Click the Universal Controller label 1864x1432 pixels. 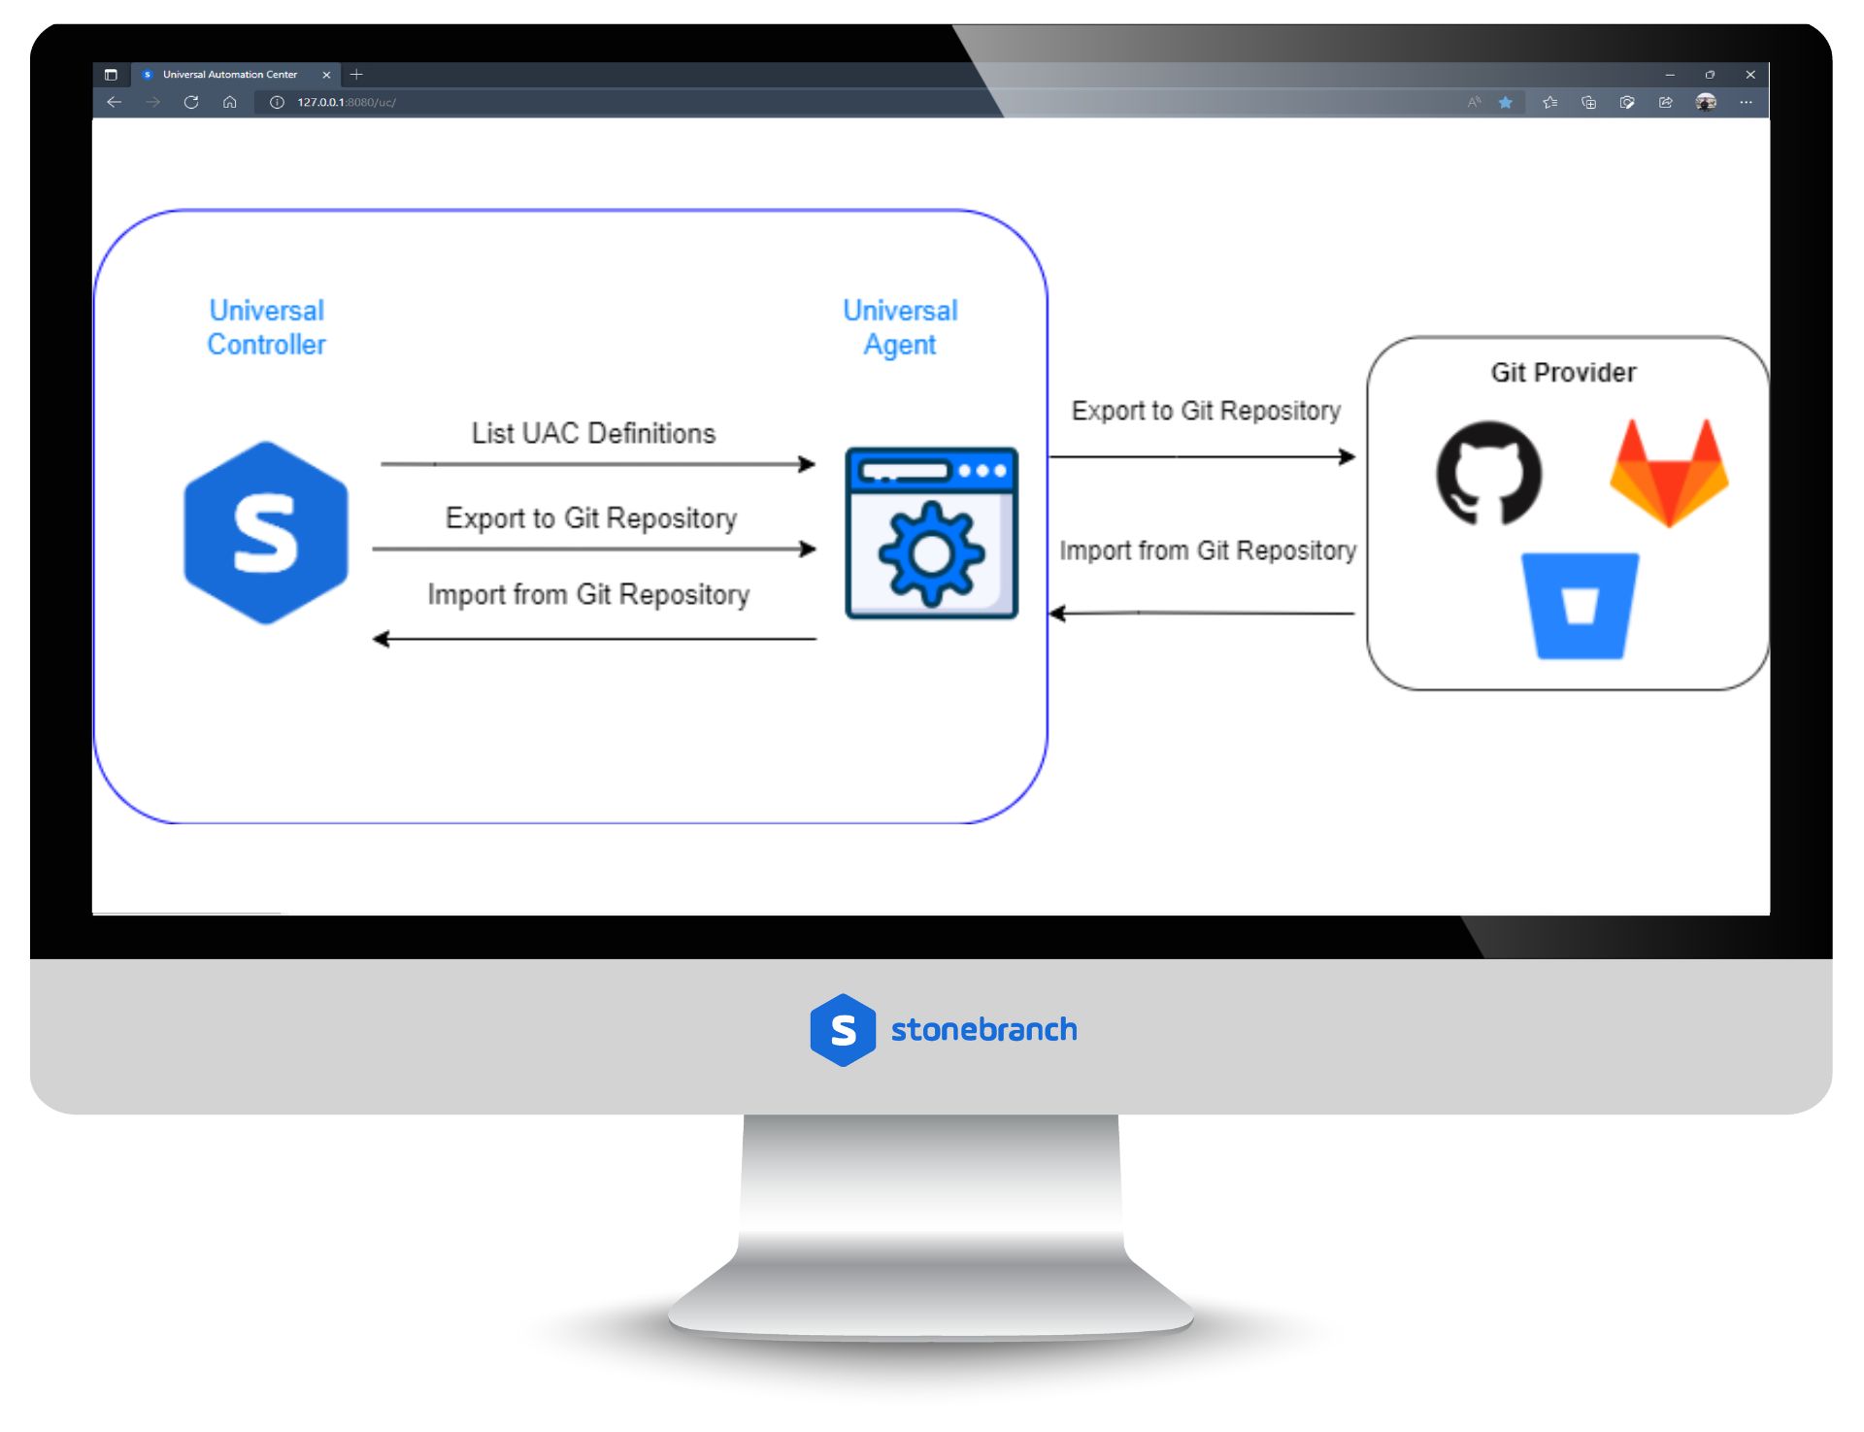[x=266, y=327]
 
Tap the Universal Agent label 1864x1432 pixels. [x=900, y=327]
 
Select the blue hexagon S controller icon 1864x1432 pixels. [x=266, y=533]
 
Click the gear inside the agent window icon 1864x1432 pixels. [x=931, y=553]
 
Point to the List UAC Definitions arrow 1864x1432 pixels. [x=597, y=464]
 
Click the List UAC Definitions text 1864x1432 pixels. [x=593, y=433]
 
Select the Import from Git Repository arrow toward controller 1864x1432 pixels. [x=594, y=639]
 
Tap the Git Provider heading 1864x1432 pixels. [x=1563, y=373]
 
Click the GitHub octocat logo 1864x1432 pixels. [x=1488, y=473]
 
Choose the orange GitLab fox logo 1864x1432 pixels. [x=1668, y=473]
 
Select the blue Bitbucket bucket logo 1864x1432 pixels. [x=1580, y=606]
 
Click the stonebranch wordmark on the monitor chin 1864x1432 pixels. [x=983, y=1029]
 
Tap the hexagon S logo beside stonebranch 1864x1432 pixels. [x=843, y=1030]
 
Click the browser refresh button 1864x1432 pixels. [x=191, y=102]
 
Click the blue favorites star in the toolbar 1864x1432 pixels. [x=1505, y=102]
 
